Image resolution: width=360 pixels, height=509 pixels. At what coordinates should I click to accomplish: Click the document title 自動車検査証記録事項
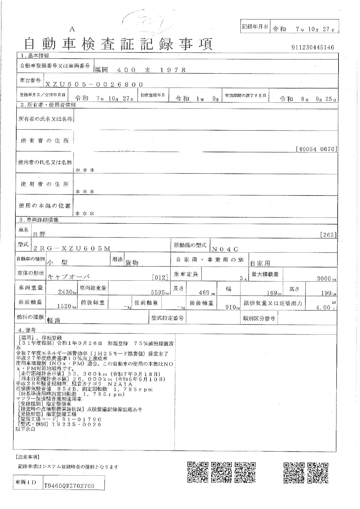pos(119,44)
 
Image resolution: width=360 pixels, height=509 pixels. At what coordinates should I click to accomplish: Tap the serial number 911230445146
pos(313,48)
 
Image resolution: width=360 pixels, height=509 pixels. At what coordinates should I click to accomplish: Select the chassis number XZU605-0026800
pos(94,84)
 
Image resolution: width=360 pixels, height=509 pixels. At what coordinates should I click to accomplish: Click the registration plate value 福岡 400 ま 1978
pos(140,70)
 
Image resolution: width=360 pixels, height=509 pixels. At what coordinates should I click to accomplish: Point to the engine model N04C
pos(225,249)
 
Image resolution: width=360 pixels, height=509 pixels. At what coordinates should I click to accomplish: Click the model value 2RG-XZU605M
pos(72,248)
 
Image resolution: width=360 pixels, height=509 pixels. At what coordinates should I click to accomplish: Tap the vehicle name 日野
pos(39,233)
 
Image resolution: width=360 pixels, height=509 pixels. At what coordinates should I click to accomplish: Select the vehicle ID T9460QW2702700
pos(69,486)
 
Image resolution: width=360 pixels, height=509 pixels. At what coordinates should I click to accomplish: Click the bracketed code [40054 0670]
pos(316,149)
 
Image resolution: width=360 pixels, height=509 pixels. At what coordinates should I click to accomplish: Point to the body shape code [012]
pos(160,278)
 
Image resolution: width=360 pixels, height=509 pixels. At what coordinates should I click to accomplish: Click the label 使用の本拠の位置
pos(45,206)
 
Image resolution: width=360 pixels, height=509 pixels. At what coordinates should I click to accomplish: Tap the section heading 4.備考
pos(27,330)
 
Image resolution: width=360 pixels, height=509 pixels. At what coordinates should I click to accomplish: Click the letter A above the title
pos(72,29)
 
